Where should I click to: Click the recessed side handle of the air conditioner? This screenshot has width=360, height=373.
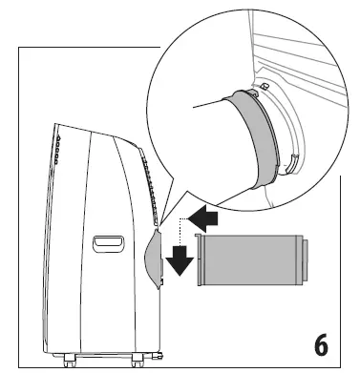(x=107, y=243)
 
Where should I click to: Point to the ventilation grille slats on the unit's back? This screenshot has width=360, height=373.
(x=145, y=172)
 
